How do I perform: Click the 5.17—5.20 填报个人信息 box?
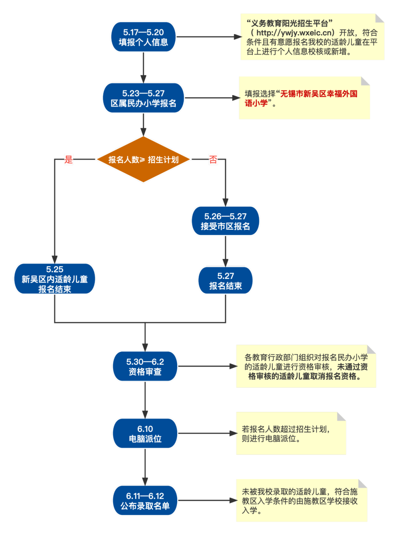143,37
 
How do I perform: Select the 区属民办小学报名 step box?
143,98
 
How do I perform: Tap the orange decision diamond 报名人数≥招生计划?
143,160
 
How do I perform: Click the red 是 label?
69,160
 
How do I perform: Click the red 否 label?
213,160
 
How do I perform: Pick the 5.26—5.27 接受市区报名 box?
225,221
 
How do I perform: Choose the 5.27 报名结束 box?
225,281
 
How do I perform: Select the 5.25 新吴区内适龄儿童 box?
55,279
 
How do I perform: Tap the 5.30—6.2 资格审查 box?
145,367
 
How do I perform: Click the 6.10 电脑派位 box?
145,434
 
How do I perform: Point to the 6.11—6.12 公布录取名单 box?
145,501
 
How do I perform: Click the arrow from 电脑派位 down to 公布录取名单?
145,467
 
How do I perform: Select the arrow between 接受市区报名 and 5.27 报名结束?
225,251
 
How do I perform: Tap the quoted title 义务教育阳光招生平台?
290,24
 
